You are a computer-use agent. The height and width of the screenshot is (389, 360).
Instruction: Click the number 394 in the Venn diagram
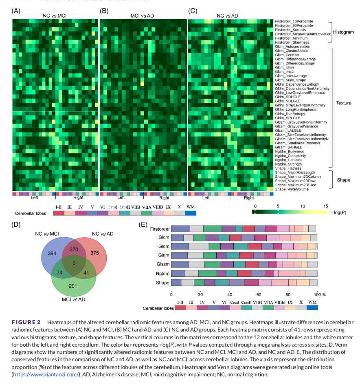52,253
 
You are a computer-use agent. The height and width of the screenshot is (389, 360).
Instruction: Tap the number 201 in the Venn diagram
73,286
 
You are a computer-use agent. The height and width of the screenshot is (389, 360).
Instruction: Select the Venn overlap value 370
74,249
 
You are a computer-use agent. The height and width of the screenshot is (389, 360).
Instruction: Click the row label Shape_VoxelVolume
292,189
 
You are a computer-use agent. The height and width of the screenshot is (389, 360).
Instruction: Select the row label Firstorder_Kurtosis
292,30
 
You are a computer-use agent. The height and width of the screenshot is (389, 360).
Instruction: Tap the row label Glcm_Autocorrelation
293,46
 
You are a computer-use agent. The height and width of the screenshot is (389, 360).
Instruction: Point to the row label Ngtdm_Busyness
289,151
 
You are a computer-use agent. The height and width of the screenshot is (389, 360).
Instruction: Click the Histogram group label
343,32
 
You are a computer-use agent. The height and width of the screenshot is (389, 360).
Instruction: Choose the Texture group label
343,103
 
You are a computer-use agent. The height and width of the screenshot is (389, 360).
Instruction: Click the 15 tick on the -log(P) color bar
325,206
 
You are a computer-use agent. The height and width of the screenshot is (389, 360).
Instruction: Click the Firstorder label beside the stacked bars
160,229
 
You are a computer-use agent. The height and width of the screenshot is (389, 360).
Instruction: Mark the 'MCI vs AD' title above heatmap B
142,16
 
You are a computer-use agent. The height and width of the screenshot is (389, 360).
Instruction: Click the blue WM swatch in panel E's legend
312,308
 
